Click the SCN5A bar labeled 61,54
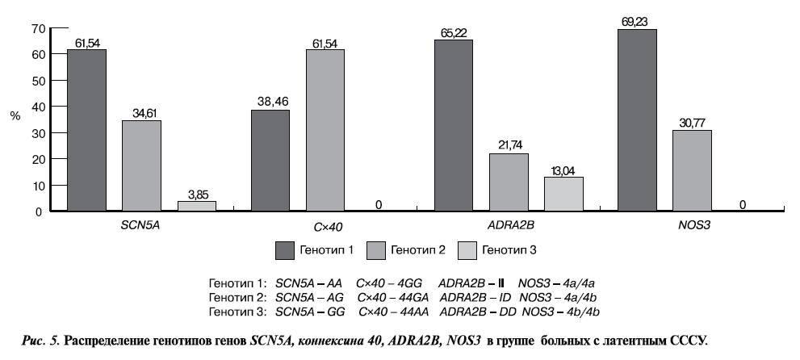point(86,130)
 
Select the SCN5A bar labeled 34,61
point(141,165)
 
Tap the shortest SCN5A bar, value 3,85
point(197,206)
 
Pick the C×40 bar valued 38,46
point(270,161)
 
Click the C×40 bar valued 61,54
point(325,130)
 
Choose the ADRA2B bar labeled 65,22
point(454,125)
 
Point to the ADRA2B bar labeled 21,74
point(509,182)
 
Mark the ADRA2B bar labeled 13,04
point(563,194)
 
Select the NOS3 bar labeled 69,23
point(637,120)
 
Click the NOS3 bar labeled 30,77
point(692,170)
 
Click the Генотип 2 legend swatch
point(377,249)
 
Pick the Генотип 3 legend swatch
point(468,249)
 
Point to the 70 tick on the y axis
point(37,28)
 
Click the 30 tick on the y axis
point(37,133)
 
